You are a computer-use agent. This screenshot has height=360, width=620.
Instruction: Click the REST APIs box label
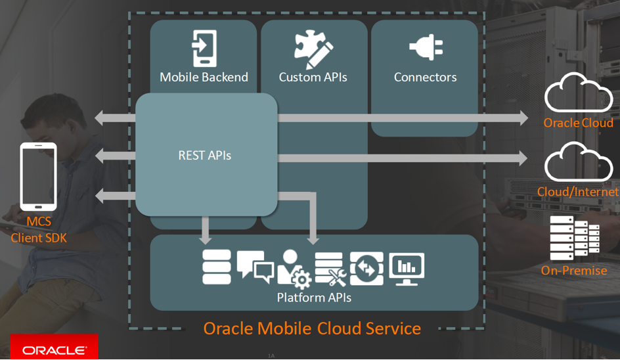(205, 156)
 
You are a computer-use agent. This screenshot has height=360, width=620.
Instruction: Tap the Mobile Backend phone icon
(204, 48)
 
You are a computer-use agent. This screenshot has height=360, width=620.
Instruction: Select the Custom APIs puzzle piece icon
(313, 49)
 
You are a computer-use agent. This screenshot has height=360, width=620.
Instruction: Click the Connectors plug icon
(426, 49)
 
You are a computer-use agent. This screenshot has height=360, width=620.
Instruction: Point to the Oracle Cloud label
(578, 123)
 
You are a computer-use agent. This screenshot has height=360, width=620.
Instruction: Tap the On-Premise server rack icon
(575, 238)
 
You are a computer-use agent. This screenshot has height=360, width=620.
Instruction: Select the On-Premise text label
(573, 270)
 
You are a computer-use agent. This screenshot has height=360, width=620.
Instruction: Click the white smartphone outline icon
(39, 176)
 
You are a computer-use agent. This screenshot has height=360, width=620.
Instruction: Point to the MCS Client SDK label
(39, 230)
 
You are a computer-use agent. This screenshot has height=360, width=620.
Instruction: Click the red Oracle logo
(54, 349)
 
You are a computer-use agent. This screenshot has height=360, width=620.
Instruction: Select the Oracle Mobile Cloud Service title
(312, 328)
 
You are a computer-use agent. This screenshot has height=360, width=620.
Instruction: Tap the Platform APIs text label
(314, 298)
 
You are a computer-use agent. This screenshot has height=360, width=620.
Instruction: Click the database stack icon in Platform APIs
(217, 267)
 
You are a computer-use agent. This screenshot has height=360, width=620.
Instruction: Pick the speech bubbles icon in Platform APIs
(255, 266)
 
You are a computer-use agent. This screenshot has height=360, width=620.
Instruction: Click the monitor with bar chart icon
(407, 268)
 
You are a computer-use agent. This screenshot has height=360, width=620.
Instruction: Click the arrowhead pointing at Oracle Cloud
(523, 118)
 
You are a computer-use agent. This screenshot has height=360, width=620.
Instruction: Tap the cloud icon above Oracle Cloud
(578, 93)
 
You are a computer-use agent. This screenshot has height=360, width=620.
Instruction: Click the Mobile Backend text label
(204, 77)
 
